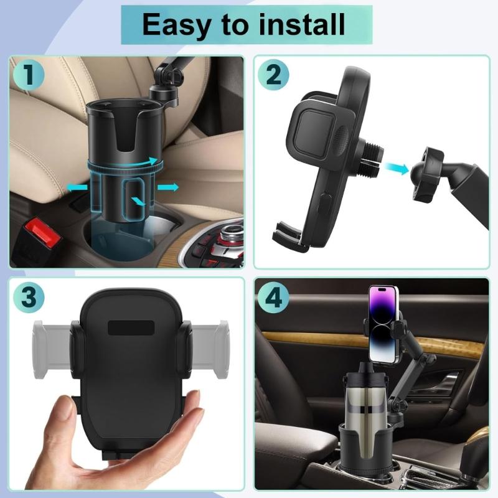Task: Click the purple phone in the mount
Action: click(383, 324)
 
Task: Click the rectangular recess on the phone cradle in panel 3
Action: click(130, 328)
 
